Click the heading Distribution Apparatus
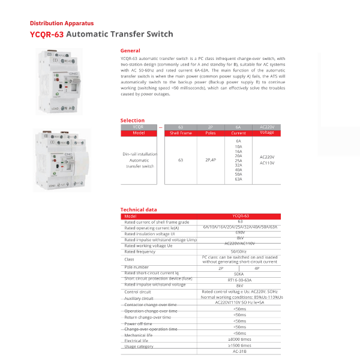pos(56,23)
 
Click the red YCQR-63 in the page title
pos(46,34)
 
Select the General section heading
pos(130,51)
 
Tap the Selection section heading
pos(133,121)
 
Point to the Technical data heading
pos(139,210)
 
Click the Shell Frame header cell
pos(181,133)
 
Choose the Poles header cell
pos(211,133)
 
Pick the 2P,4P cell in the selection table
pos(211,160)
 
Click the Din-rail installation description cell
pos(139,160)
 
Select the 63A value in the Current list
pos(238,179)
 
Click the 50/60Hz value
pos(239,251)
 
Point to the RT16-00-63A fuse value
pos(239,280)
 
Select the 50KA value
pos(239,274)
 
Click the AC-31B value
pos(239,351)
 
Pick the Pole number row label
pos(136,266)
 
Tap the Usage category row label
pos(139,346)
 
